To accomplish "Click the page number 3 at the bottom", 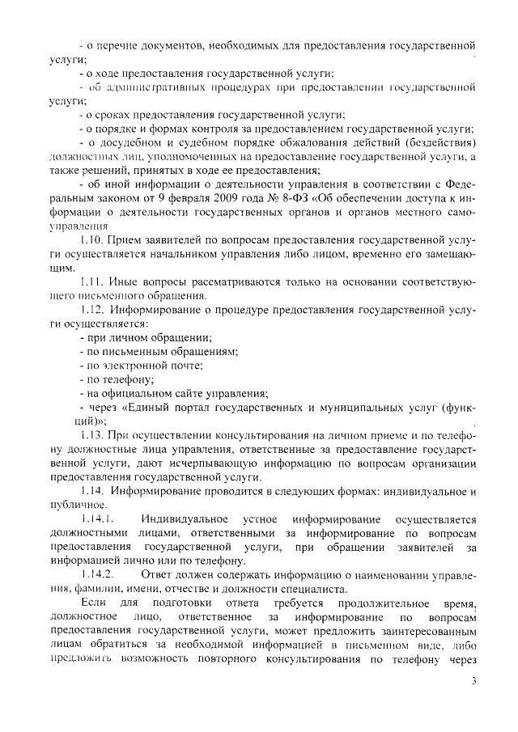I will [x=474, y=681].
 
